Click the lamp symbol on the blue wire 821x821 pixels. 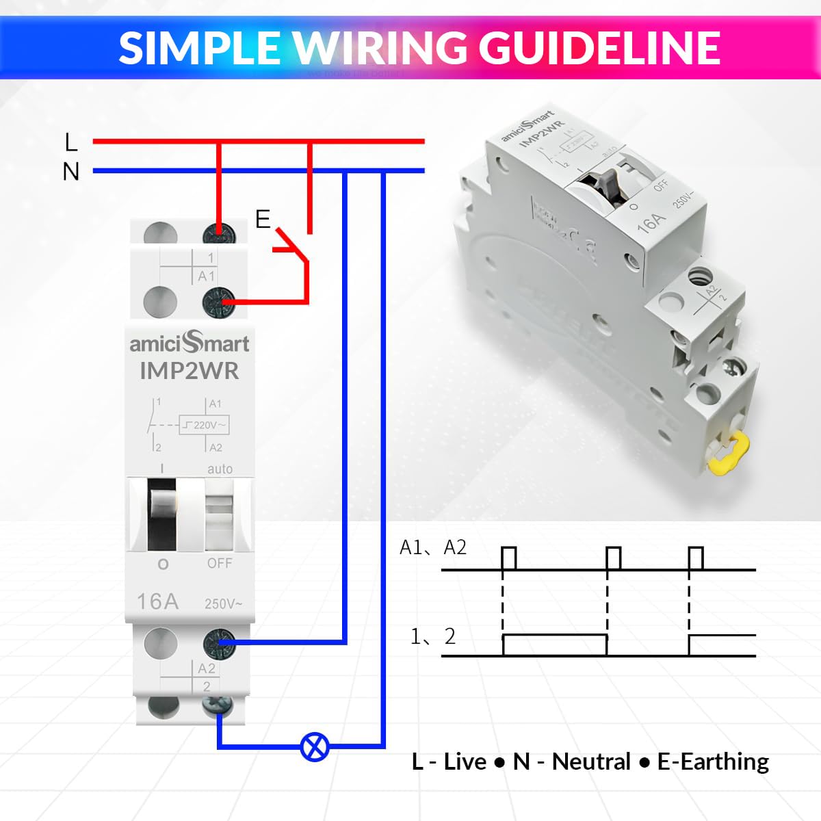[315, 746]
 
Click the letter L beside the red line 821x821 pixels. [71, 142]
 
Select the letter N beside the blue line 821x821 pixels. [71, 171]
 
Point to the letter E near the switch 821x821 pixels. [263, 219]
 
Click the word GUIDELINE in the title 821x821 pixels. [599, 48]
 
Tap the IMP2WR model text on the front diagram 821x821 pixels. [190, 371]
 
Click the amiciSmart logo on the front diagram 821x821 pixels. [190, 342]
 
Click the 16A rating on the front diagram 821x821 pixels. [157, 601]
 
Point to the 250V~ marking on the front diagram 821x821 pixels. [223, 603]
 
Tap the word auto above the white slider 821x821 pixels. [220, 469]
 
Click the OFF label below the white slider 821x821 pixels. [220, 563]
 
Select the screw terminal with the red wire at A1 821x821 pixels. [219, 302]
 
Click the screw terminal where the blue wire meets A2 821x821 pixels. [220, 643]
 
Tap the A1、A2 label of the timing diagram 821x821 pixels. [432, 547]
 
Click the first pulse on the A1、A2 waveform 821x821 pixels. [509, 558]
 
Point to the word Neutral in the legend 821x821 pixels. [591, 761]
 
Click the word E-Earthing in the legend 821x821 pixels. [713, 761]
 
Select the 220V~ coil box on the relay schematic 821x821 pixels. [204, 425]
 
